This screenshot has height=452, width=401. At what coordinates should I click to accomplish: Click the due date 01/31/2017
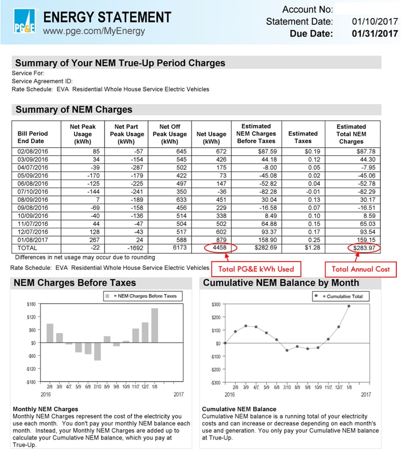click(x=374, y=34)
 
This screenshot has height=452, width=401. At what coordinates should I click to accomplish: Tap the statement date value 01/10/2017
click(x=374, y=22)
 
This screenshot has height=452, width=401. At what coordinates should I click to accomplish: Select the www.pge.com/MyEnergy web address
click(x=94, y=31)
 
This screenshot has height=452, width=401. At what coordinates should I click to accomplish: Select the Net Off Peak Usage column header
click(x=170, y=134)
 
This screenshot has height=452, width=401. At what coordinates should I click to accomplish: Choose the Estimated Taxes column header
click(x=303, y=137)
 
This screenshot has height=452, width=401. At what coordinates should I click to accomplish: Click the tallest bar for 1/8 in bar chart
click(x=155, y=325)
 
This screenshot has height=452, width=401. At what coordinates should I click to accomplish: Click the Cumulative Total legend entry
click(x=341, y=296)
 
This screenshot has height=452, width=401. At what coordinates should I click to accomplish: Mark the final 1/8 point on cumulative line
click(x=348, y=306)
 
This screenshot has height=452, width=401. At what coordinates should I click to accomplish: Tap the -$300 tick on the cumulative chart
click(x=215, y=383)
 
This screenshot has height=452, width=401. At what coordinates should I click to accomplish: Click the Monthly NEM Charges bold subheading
click(x=45, y=409)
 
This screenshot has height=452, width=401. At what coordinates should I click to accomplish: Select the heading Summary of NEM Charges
click(x=74, y=110)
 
